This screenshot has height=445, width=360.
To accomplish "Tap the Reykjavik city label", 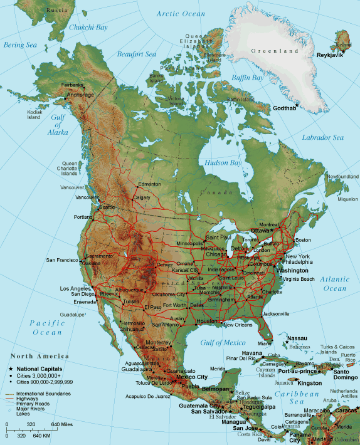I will click(332, 55).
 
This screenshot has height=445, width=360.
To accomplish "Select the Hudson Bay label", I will click(223, 163).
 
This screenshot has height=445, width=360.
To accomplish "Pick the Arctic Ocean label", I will click(181, 14).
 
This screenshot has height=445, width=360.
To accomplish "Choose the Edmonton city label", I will click(150, 184).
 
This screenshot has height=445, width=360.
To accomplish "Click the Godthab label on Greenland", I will click(280, 108).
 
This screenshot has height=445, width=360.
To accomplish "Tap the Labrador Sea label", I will click(323, 137).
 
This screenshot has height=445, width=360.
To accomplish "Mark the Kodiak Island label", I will click(33, 115).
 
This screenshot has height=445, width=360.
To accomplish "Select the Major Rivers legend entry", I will click(30, 409).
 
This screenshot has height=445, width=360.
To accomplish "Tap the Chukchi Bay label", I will click(88, 28).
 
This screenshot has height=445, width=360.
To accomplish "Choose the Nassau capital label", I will click(297, 338).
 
